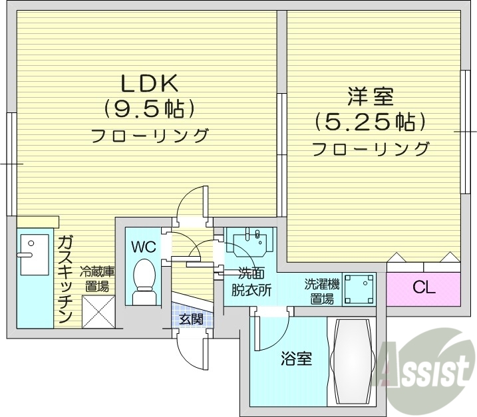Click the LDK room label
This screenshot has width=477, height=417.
click(x=149, y=83)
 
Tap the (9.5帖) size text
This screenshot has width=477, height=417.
click(x=149, y=108)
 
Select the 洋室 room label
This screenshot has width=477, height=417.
click(x=370, y=97)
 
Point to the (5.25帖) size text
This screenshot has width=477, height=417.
click(x=370, y=122)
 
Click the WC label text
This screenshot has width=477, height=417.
click(x=143, y=247)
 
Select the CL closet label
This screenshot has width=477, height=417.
click(x=423, y=288)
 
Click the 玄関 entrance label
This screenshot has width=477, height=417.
click(x=191, y=319)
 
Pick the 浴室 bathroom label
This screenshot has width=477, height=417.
click(x=296, y=360)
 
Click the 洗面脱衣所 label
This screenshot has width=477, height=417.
click(x=251, y=281)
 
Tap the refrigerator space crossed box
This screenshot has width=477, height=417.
click(x=98, y=312)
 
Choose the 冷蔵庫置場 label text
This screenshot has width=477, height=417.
click(x=97, y=279)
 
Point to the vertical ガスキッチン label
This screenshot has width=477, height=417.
click(x=65, y=279)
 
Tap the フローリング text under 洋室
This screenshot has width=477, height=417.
click(x=370, y=148)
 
